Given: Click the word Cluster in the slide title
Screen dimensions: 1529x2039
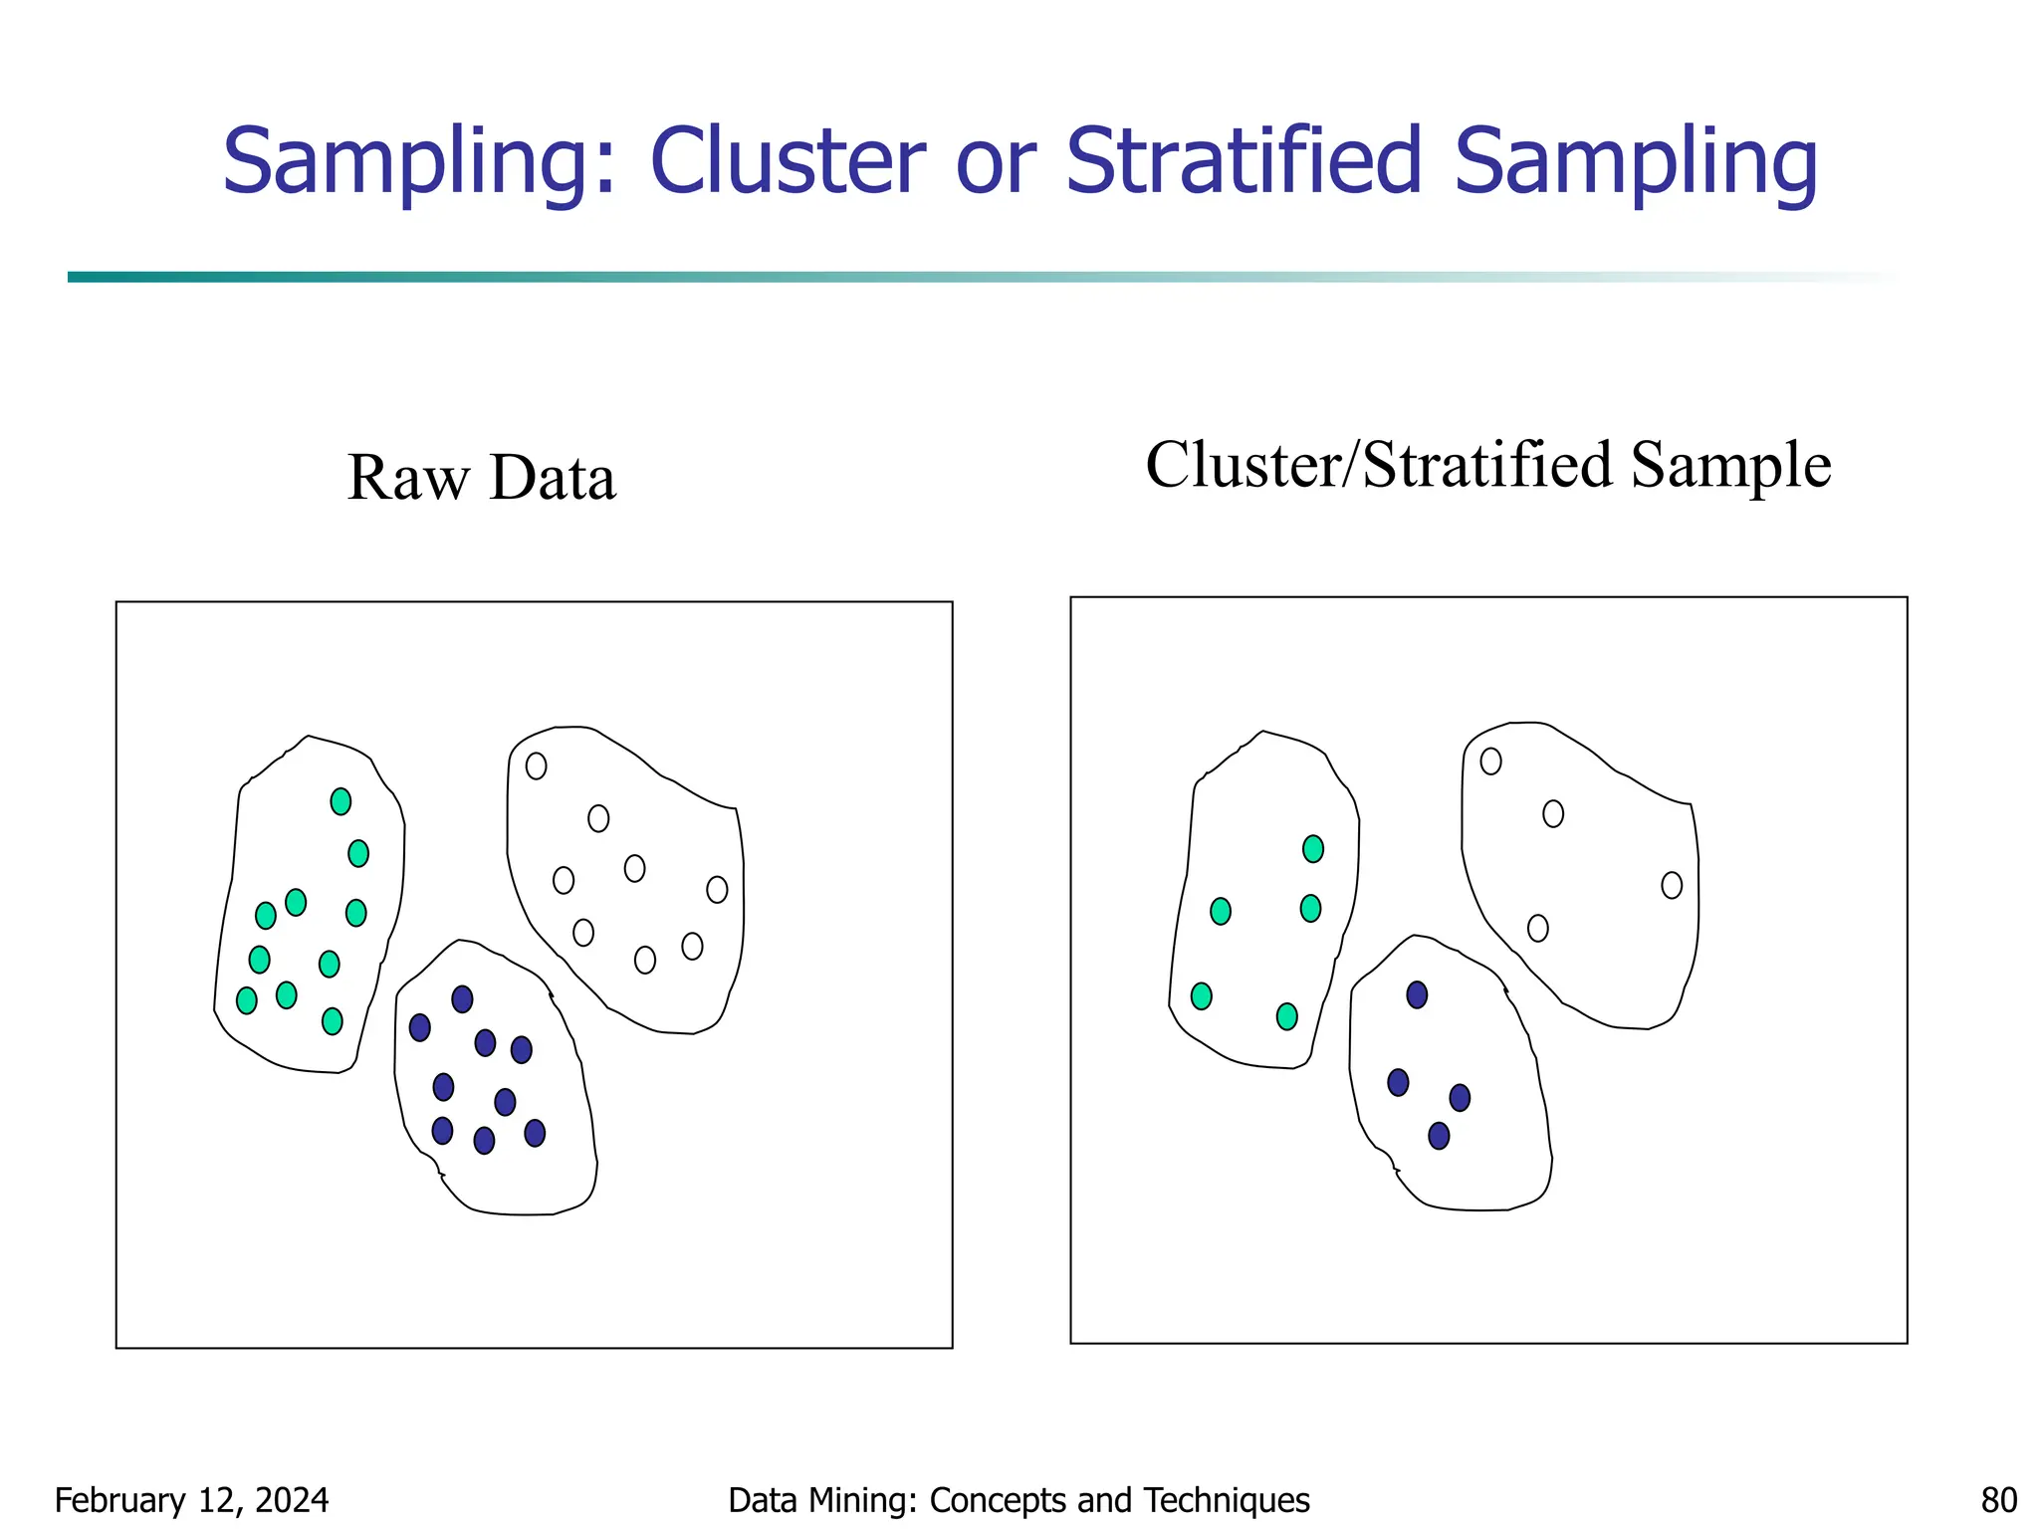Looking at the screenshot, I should (787, 161).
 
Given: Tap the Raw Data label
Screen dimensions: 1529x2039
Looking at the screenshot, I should (482, 477).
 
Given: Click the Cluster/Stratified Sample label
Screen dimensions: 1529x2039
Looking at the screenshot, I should (1487, 465).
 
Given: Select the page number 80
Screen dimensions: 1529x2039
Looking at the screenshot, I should (1998, 1500).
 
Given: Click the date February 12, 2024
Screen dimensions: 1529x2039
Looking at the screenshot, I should (191, 1500).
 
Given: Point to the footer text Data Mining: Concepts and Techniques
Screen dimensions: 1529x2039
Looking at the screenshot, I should (1019, 1500).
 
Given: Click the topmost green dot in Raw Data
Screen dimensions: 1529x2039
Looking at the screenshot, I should (340, 801).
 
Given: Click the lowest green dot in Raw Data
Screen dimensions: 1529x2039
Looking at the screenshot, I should (333, 1021).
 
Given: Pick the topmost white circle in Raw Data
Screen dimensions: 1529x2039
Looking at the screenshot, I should (536, 765).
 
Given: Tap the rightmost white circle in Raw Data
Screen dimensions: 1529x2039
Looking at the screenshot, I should (717, 889).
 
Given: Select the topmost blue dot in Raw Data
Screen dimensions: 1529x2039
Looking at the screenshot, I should (462, 999).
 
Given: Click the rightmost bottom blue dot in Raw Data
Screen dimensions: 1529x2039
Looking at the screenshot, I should (535, 1133).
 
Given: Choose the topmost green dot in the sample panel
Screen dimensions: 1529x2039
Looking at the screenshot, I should (1313, 849).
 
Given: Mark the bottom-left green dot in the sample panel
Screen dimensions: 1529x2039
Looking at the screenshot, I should (1202, 996).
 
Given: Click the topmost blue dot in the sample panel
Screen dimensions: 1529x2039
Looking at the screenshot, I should (1417, 994).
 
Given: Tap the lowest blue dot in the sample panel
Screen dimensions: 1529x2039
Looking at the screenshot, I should (1439, 1136).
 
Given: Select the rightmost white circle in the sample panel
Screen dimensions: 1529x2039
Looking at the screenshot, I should (1672, 885).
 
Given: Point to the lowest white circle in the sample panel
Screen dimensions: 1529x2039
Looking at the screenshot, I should (1538, 929).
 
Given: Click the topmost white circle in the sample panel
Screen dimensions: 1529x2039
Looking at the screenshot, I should (1490, 762).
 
